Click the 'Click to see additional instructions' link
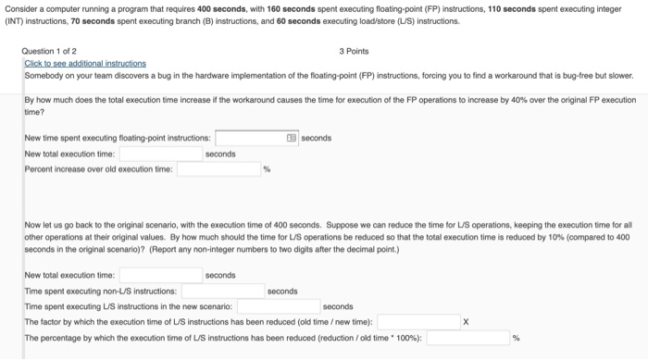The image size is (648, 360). [x=84, y=63]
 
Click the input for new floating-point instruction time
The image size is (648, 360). [x=250, y=138]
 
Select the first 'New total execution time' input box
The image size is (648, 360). [x=160, y=154]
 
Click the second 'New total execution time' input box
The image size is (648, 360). [x=160, y=275]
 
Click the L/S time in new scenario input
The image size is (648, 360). [x=278, y=306]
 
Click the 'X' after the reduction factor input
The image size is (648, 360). [x=466, y=322]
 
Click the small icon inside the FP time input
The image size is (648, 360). [x=293, y=138]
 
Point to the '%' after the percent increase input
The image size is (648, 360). [x=267, y=169]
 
